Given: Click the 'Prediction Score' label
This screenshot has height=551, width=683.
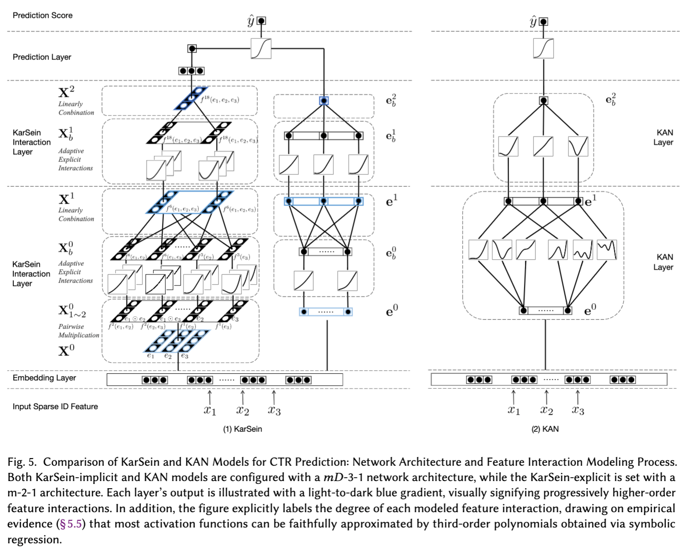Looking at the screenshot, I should pos(43,15).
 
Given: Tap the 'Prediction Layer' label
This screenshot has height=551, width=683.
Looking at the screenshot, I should pos(42,57).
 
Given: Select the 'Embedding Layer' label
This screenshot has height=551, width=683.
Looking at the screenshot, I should pos(44,378).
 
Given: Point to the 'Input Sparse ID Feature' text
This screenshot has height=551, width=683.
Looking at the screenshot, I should pos(55,406).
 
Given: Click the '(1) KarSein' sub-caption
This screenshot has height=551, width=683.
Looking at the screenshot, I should pos(242,429).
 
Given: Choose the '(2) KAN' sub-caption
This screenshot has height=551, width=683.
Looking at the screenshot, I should pos(545,429).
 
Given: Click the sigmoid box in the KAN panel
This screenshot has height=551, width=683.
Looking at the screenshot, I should pos(543,48).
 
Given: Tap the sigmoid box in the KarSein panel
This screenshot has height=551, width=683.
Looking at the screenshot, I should pos(261,48).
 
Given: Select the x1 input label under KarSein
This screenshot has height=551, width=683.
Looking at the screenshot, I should pos(210,410).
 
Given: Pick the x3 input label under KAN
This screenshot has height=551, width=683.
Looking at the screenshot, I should pos(578,410).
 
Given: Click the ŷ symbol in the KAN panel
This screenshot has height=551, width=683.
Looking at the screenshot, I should pos(533,21).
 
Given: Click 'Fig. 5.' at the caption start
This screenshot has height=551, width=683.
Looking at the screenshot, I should pos(22,462).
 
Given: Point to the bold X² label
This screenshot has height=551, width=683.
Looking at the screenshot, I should pos(66,92).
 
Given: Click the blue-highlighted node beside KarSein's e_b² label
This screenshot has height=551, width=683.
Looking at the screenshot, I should pos(324,101).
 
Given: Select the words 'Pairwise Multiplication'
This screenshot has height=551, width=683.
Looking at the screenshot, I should pos(79,331).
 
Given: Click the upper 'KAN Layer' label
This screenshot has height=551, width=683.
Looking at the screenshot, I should pos(664,137).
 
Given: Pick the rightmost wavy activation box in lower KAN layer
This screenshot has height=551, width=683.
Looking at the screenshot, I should pos(607,250).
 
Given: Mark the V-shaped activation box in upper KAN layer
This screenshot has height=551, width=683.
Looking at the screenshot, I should pos(578,147).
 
